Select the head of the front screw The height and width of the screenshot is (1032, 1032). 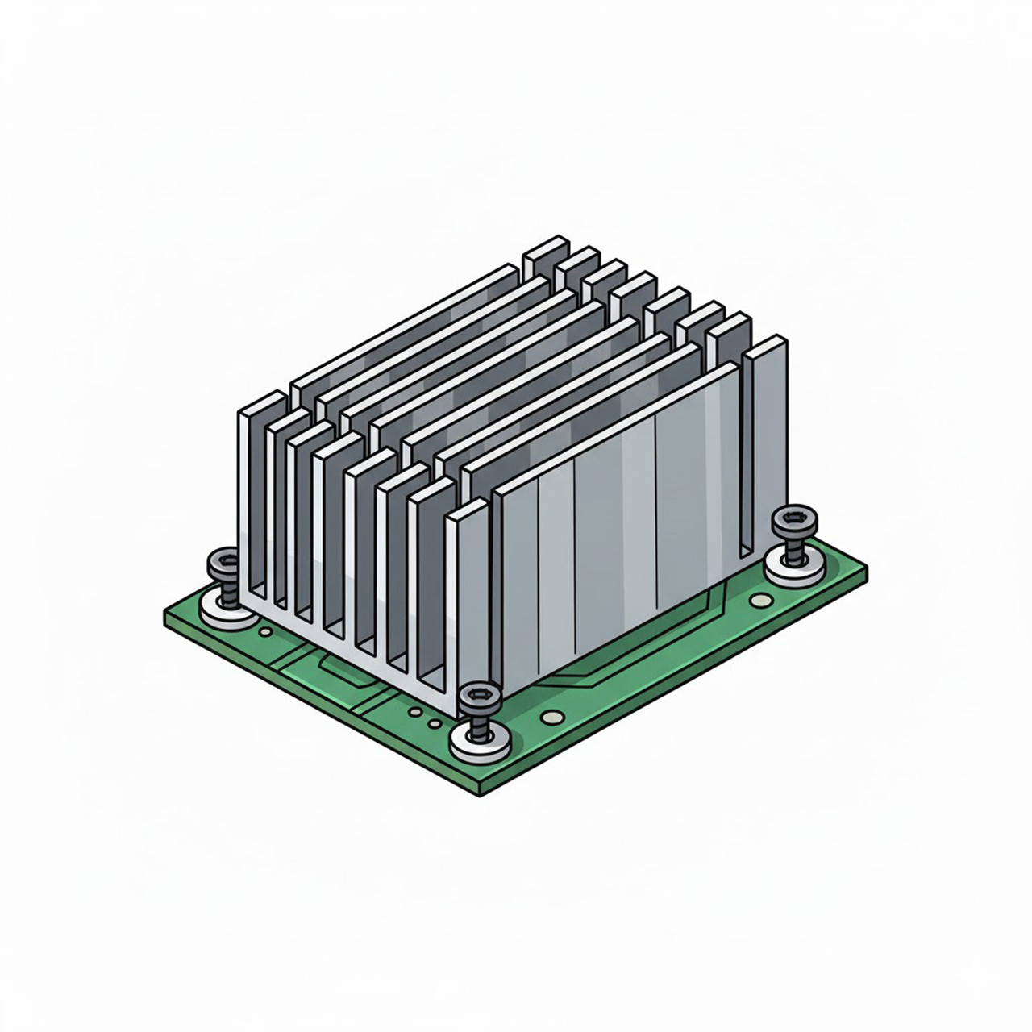click(477, 696)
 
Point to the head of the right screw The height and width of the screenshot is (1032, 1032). click(793, 522)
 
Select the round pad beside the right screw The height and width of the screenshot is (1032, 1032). click(758, 600)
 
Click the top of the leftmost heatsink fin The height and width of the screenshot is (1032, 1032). click(263, 402)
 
